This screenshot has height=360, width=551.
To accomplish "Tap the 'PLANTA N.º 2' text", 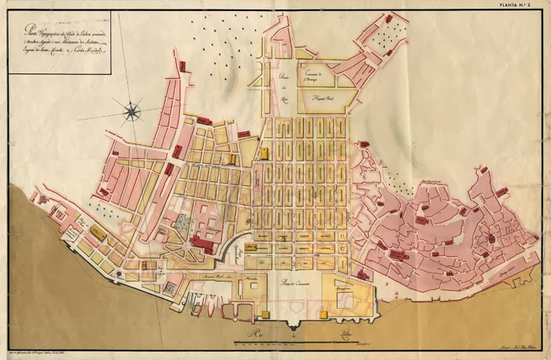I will click(522, 6).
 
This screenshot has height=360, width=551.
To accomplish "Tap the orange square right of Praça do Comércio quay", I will click(323, 314).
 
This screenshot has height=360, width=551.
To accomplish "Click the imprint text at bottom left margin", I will click(47, 347).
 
